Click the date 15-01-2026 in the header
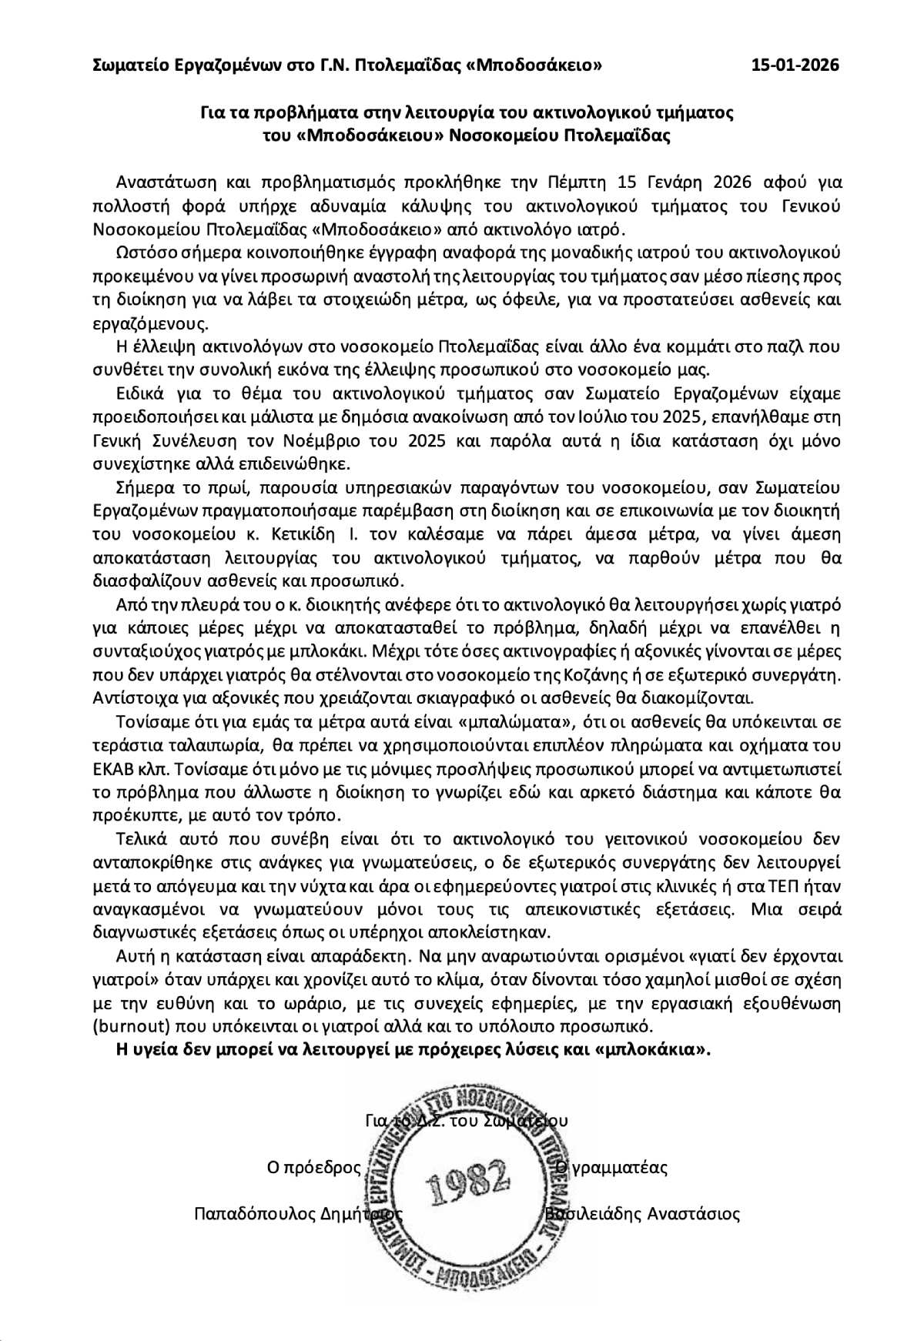795,65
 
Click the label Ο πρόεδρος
313,1167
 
